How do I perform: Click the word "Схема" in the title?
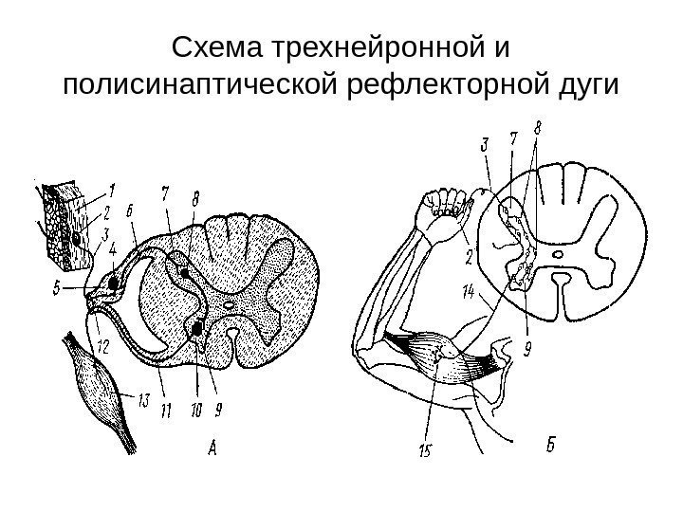[215, 46]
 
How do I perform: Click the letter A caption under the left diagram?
[213, 448]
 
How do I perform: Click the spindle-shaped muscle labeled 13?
[96, 384]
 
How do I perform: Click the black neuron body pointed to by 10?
[197, 328]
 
